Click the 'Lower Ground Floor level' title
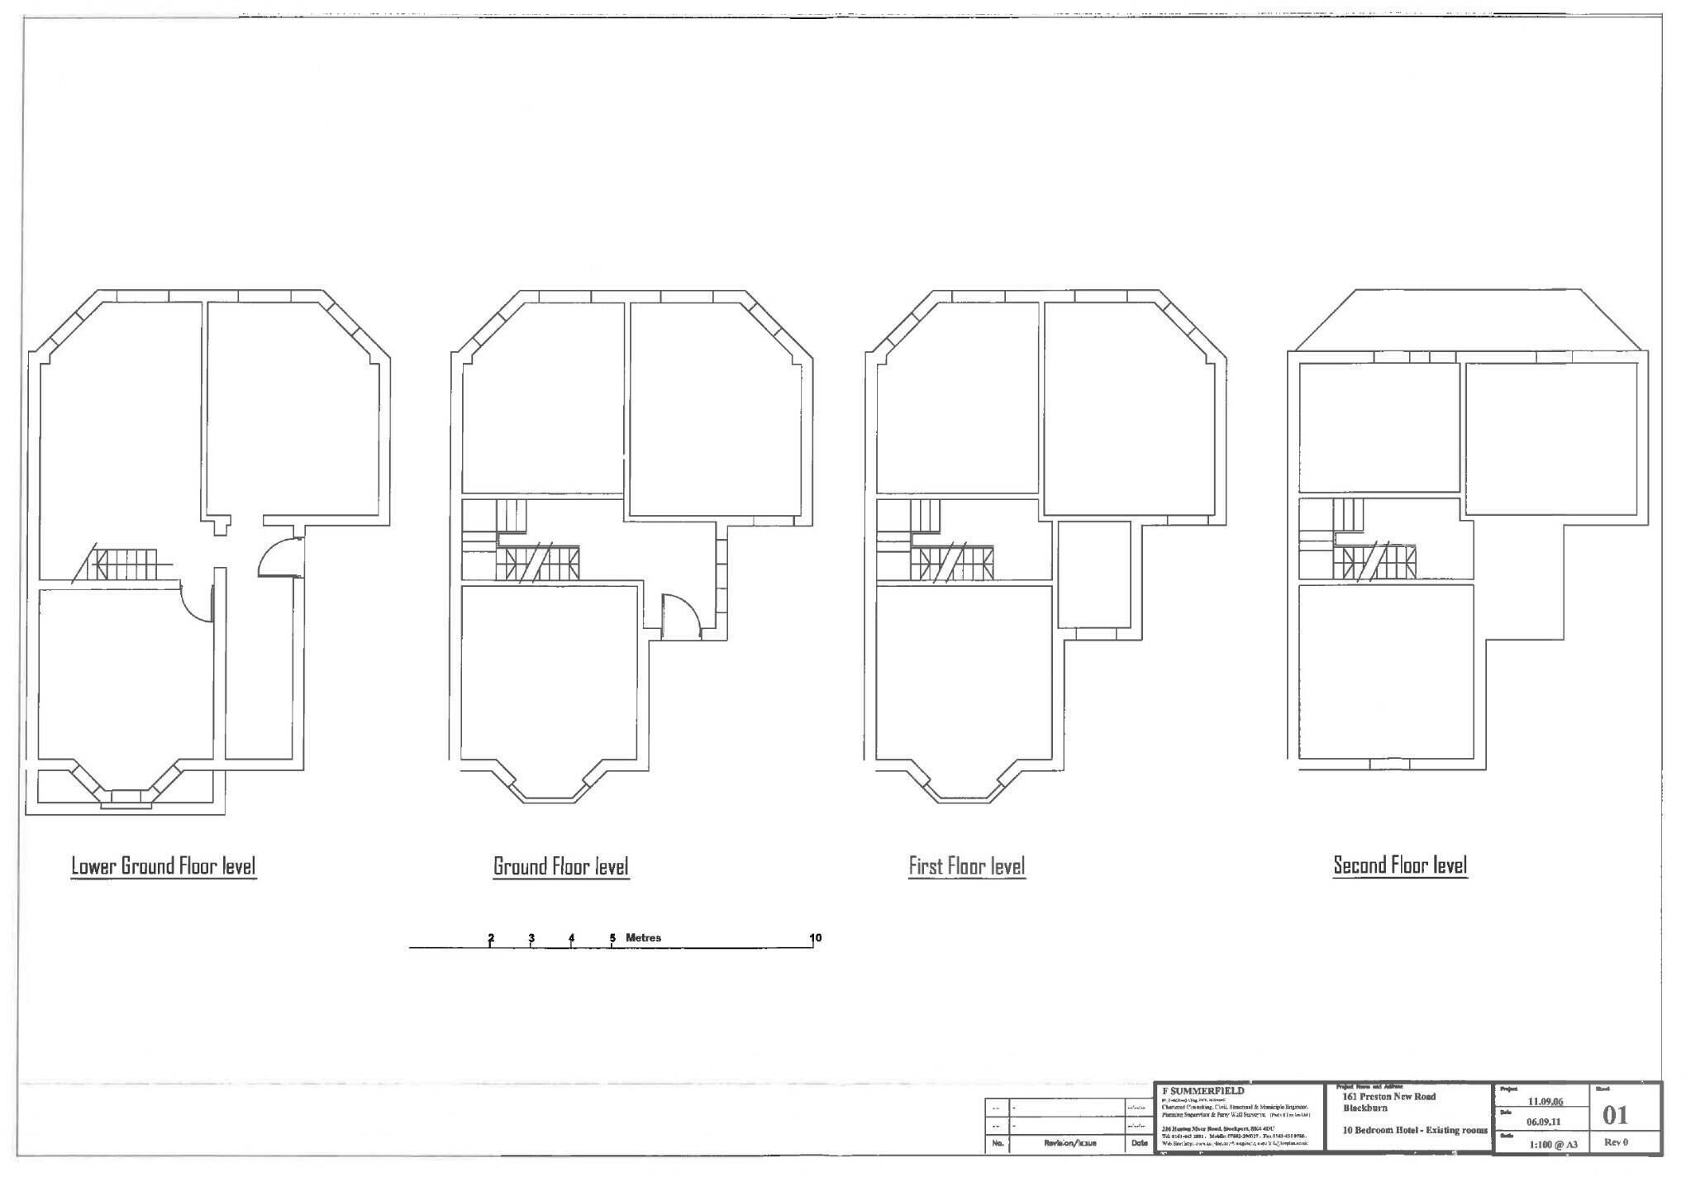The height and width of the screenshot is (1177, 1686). pos(164,866)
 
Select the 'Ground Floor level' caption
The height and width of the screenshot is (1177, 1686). pos(561,866)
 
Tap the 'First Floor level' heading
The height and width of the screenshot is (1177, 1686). pos(967,866)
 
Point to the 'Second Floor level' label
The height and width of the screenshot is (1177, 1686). pos(1400,865)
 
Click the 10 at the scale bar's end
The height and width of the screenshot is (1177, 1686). pos(815,938)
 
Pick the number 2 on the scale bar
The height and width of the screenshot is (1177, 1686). pos(491,938)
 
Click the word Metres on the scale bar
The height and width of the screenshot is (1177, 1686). pos(643,938)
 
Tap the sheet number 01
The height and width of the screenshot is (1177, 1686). pos(1615,1116)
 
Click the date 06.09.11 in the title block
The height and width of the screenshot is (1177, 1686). pos(1542,1122)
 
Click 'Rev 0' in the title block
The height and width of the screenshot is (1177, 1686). pos(1616,1142)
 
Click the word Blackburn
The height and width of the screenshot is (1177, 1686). pos(1366,1108)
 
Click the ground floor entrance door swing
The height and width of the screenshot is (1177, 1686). pos(683,617)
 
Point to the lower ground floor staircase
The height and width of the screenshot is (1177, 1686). pos(124,565)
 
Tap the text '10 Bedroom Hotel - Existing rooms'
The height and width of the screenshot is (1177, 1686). pos(1415,1130)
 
